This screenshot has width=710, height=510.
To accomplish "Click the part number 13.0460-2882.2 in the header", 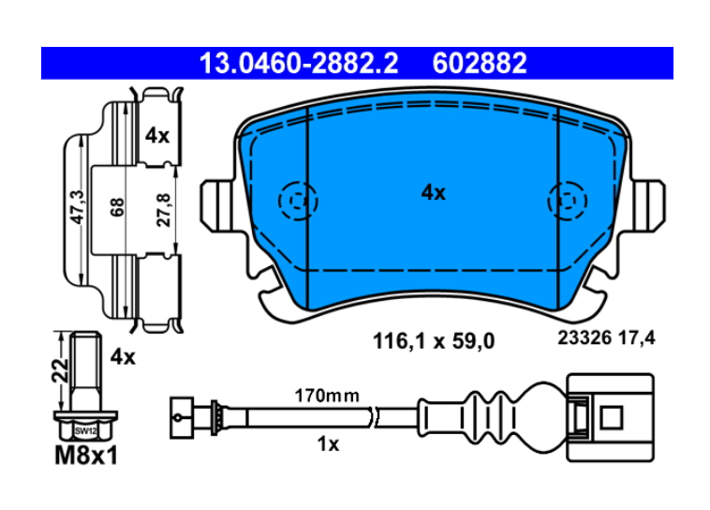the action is [299, 63].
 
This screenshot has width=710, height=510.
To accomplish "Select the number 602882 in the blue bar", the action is [480, 63].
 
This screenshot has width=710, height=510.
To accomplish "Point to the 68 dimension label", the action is [117, 207].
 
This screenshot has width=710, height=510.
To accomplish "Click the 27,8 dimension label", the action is [164, 210].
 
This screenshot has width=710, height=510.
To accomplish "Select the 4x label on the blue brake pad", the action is [434, 193].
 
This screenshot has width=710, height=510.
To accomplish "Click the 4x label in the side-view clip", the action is [157, 136].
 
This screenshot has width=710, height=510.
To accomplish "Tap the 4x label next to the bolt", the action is [123, 357].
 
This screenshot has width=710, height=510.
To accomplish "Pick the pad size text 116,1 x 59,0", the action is [434, 341].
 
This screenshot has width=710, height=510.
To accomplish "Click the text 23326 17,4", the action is [606, 337].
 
